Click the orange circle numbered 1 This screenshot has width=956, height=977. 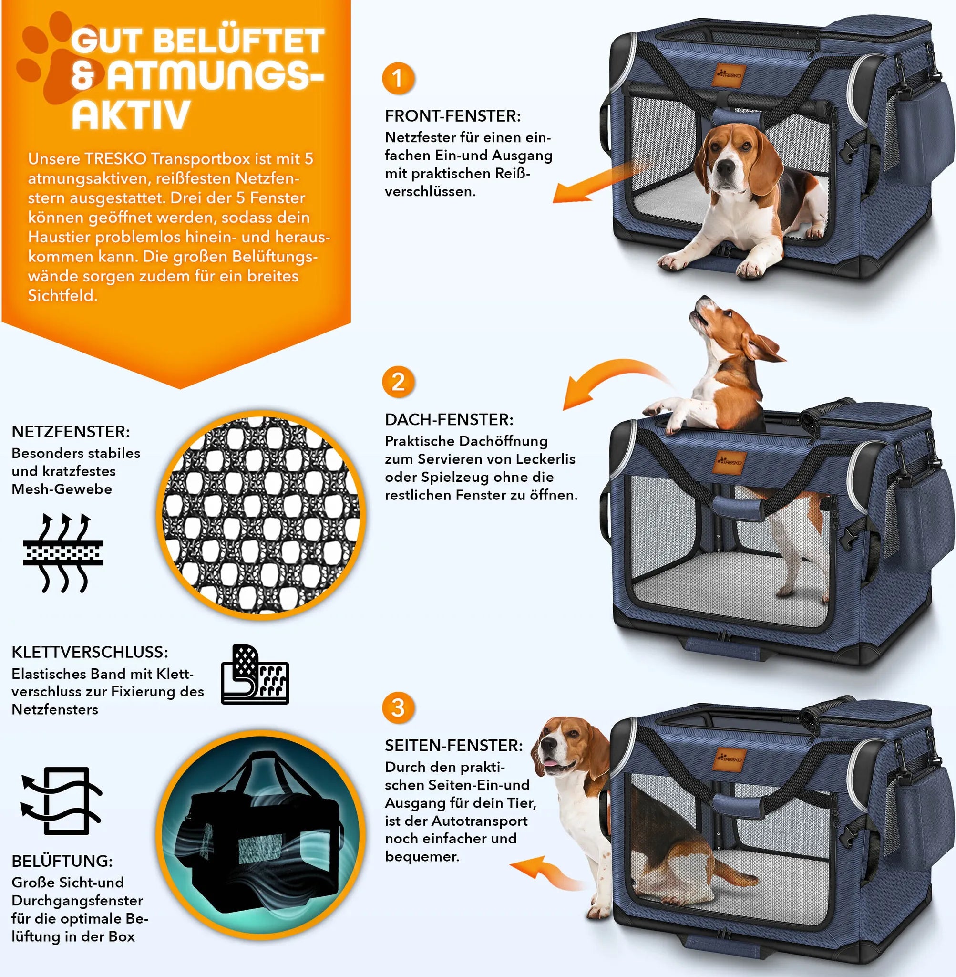tap(398, 78)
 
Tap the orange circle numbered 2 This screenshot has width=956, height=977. tap(398, 382)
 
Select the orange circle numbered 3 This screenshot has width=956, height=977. tap(398, 708)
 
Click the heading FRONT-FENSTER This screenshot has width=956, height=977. tap(453, 116)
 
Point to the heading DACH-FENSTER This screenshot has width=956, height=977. tap(449, 419)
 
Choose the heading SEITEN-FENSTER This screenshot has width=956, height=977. tap(454, 746)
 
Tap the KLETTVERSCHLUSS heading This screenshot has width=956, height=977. tap(90, 652)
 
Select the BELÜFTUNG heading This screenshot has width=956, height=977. tap(62, 861)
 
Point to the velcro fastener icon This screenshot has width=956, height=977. tap(255, 675)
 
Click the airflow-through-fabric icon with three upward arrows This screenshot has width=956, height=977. tap(63, 553)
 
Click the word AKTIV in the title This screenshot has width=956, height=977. tap(131, 115)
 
